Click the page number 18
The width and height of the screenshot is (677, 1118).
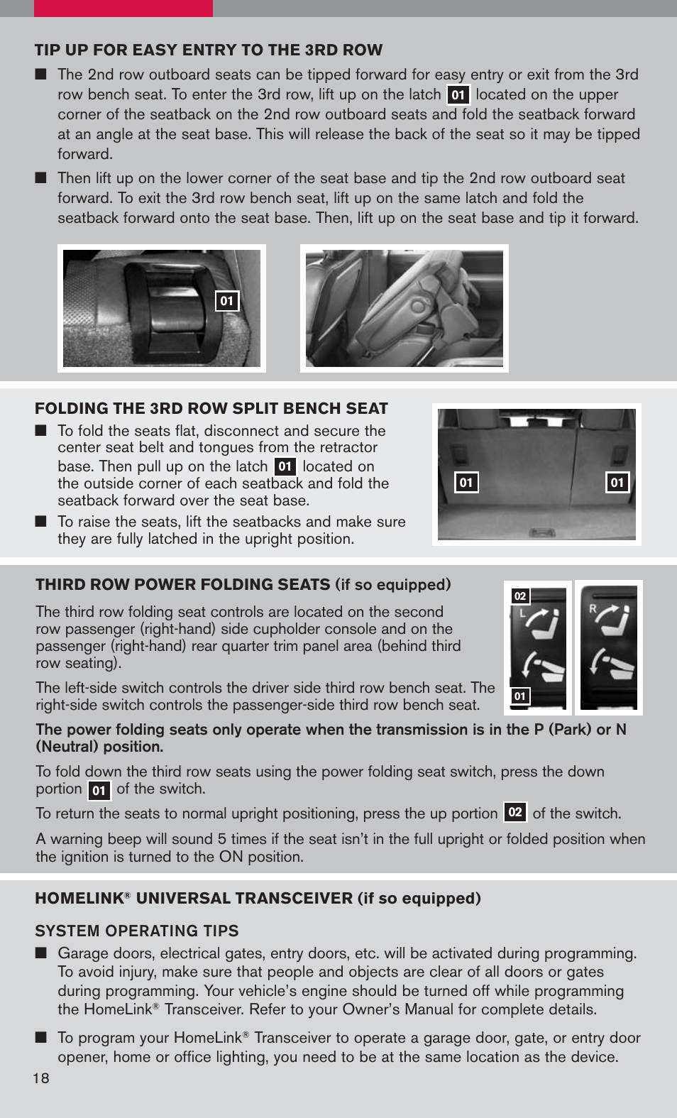tap(41, 1078)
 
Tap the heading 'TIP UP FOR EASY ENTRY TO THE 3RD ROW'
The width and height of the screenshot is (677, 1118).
tap(209, 50)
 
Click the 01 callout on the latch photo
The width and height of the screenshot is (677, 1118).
tap(227, 301)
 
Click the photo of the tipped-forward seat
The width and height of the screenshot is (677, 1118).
tap(404, 308)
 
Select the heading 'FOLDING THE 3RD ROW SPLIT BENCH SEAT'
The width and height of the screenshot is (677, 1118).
tap(211, 408)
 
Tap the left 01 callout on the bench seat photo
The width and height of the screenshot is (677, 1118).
tap(466, 483)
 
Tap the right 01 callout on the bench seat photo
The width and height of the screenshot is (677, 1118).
tap(617, 483)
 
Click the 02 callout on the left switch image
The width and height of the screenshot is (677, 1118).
tap(520, 596)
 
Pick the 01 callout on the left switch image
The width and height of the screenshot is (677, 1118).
tap(520, 696)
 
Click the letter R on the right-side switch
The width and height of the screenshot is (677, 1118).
tap(593, 608)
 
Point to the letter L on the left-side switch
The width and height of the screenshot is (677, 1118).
tap(523, 613)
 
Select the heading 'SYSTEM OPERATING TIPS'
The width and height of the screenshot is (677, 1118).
tap(137, 931)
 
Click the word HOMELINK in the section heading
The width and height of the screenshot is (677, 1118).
tap(79, 899)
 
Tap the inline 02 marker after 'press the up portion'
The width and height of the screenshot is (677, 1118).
tap(515, 812)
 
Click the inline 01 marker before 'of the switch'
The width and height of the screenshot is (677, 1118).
tap(99, 790)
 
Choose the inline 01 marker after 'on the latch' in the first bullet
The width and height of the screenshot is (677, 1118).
tap(458, 95)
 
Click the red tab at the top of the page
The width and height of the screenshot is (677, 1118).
tap(123, 8)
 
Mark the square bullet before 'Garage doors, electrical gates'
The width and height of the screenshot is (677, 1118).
tap(41, 953)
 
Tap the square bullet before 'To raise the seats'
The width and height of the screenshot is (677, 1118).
tap(41, 522)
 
